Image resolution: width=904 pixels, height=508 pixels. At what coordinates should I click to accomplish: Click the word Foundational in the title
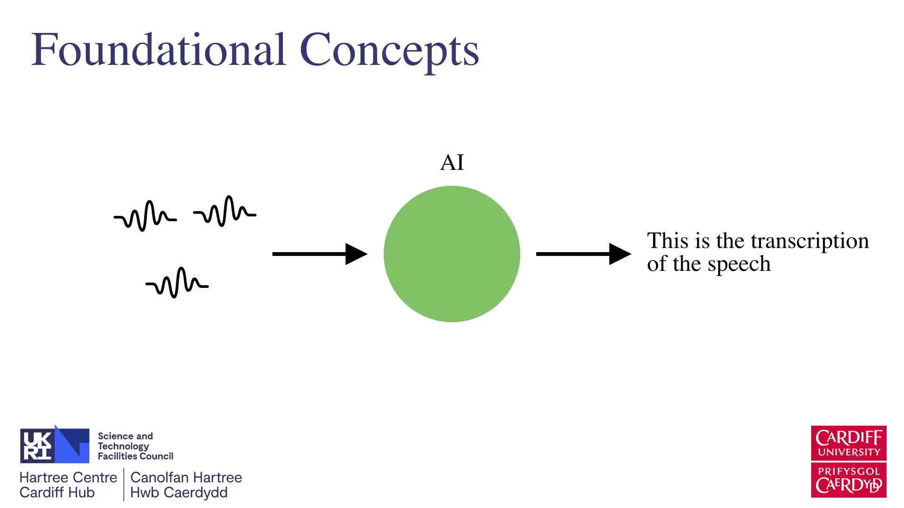159,50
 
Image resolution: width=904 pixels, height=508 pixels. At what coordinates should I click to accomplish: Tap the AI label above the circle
452,163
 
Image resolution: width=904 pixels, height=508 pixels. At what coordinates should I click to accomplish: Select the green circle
452,254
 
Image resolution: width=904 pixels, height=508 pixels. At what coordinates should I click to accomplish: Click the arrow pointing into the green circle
320,254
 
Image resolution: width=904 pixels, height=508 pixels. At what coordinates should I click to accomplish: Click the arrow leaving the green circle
583,254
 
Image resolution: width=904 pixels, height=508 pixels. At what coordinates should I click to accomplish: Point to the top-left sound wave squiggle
145,216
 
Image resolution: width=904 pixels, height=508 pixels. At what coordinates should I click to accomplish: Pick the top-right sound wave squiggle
225,212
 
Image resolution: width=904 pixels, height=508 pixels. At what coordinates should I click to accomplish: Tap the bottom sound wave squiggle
177,283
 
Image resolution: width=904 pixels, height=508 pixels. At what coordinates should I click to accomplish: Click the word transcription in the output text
809,241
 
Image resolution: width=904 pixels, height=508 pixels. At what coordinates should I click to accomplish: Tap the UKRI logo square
54,445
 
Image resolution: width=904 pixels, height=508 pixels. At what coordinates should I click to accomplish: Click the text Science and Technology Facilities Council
135,446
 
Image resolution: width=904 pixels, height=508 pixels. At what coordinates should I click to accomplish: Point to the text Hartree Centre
68,477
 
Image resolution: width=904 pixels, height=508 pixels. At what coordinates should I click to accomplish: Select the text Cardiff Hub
57,492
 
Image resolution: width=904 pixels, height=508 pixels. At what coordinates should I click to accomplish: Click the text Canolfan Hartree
186,477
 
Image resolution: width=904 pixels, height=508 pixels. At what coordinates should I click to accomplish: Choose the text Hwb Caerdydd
179,492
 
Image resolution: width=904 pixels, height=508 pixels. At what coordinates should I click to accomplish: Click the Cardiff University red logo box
848,443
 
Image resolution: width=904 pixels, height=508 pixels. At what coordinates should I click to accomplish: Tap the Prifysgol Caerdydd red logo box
848,480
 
